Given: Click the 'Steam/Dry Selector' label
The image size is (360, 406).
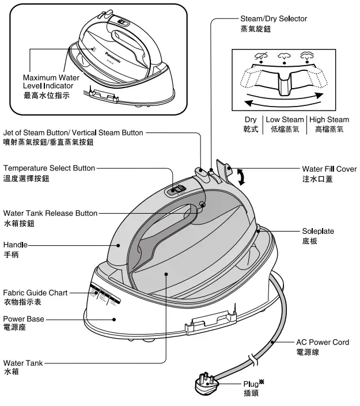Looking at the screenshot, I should (x=272, y=18).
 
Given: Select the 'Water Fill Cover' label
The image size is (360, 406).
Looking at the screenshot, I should (x=329, y=169).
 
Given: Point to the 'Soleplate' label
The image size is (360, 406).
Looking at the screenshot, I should (x=318, y=231).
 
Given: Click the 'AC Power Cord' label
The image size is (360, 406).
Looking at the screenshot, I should (x=322, y=342).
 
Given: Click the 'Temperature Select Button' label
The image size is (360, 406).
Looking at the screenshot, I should (x=49, y=168).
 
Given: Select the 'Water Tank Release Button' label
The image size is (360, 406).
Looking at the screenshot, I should (x=50, y=213).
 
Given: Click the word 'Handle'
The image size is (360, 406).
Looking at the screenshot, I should (x=15, y=245).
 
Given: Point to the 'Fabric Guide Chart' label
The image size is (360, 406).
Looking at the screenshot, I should (x=35, y=293).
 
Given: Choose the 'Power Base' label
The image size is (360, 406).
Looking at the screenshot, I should (x=23, y=318).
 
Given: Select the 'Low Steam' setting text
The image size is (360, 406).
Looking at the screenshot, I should (x=285, y=120).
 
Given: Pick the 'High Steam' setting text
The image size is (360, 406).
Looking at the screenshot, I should (x=329, y=120).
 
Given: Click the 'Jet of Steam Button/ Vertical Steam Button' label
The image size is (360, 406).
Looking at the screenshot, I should (x=73, y=132).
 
